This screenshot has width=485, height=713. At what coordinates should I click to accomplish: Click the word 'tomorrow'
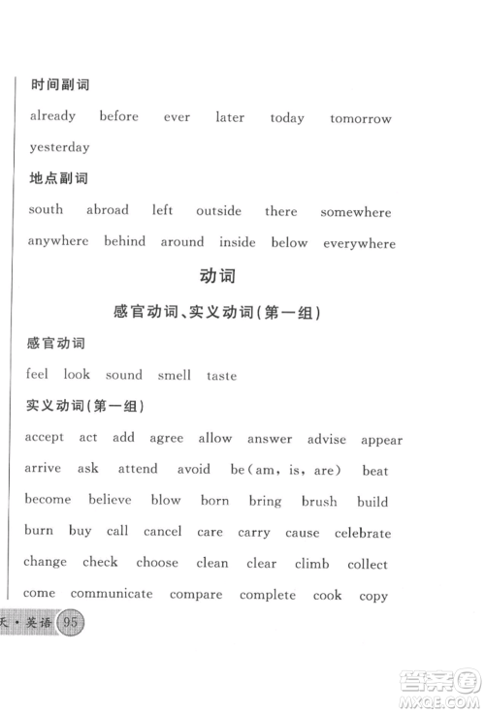pyautogui.click(x=360, y=118)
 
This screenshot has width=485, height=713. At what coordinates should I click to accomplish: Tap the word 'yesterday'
pyautogui.click(x=59, y=148)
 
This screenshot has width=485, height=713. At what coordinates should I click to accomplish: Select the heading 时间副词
pyautogui.click(x=60, y=85)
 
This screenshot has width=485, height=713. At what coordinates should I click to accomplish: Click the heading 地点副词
pyautogui.click(x=60, y=178)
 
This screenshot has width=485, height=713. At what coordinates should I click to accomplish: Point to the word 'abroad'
pyautogui.click(x=107, y=210)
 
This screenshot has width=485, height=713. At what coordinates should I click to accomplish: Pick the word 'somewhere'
pyautogui.click(x=355, y=212)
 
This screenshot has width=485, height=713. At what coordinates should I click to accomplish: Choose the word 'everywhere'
pyautogui.click(x=359, y=243)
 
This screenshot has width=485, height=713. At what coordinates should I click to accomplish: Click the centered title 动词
pyautogui.click(x=217, y=277)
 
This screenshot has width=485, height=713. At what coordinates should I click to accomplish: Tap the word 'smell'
pyautogui.click(x=175, y=375)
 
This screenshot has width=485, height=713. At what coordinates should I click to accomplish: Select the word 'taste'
pyautogui.click(x=221, y=376)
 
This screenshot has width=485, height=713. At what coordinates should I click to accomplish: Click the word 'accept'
pyautogui.click(x=45, y=438)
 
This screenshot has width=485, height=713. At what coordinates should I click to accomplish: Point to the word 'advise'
pyautogui.click(x=326, y=439)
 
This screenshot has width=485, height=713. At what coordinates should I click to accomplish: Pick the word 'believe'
pyautogui.click(x=110, y=500)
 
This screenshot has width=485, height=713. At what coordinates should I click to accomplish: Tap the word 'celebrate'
pyautogui.click(x=363, y=533)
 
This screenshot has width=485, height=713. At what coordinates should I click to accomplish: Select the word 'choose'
pyautogui.click(x=157, y=562)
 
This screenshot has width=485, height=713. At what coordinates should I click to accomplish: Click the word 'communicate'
pyautogui.click(x=112, y=593)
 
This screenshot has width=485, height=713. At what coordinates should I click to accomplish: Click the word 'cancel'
pyautogui.click(x=162, y=532)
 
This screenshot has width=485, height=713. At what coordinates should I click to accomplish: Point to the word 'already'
pyautogui.click(x=52, y=116)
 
